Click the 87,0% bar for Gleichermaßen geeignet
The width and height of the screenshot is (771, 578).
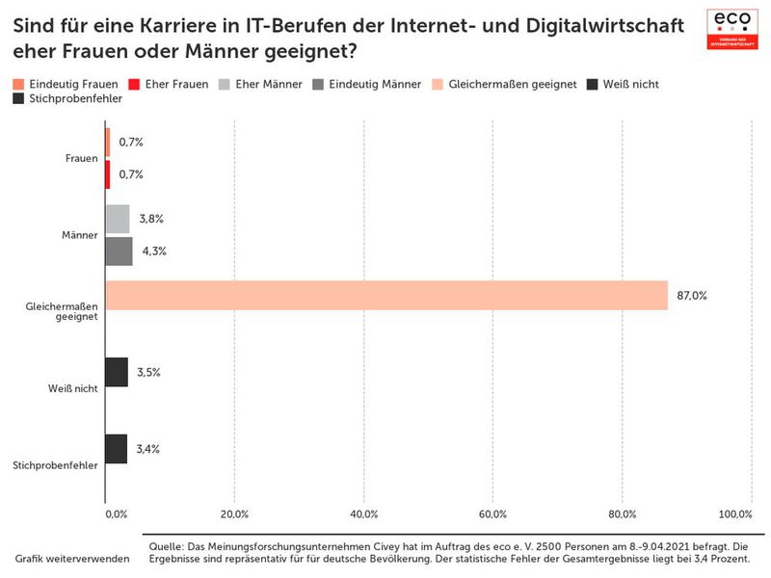(385, 296)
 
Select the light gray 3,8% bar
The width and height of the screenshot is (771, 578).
(117, 219)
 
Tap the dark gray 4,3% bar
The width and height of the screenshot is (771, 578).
(119, 251)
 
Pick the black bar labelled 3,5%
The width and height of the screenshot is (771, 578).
(116, 372)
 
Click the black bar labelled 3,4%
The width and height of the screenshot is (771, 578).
(116, 449)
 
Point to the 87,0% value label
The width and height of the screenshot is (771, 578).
(692, 296)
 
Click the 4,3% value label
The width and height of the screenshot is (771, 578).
(154, 251)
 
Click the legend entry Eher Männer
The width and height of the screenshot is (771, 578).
(261, 85)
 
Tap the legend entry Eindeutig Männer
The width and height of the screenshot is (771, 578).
(367, 85)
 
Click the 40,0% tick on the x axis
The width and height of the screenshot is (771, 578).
(363, 513)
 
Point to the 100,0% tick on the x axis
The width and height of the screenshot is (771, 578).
(735, 513)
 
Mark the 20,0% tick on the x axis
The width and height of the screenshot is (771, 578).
(234, 513)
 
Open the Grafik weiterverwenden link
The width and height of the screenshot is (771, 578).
(72, 559)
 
